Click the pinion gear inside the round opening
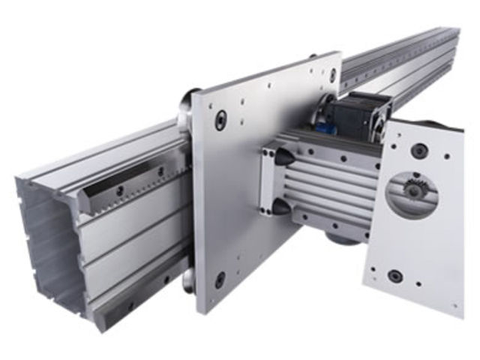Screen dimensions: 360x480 point(411,190)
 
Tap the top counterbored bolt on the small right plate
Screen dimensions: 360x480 point(419,151)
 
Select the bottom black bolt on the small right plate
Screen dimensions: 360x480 point(394,275)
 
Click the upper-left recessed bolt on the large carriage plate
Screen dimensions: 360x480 point(220,120)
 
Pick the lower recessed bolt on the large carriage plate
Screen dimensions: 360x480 point(220,280)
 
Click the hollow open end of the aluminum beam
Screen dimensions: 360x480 point(49,240)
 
